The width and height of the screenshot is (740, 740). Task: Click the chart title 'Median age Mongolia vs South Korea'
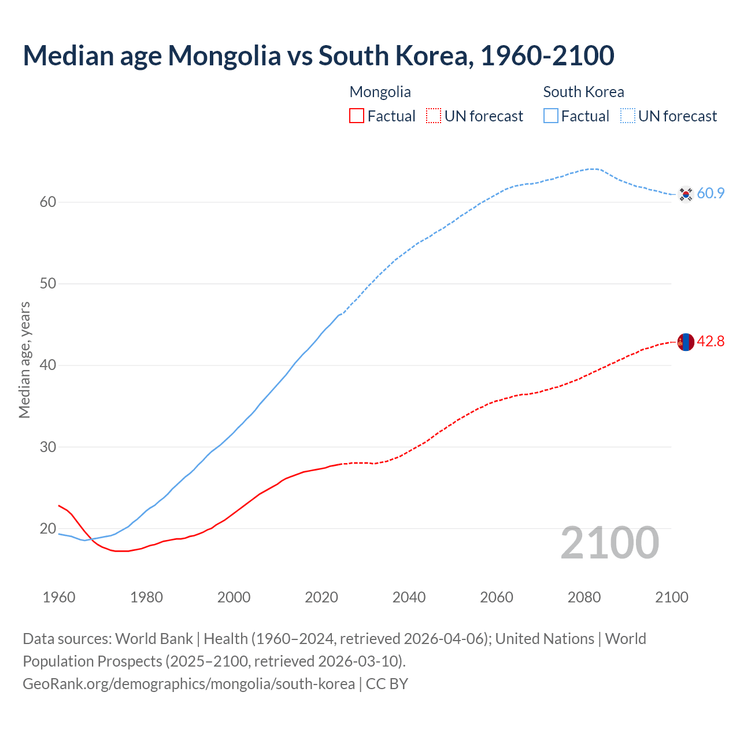[x=318, y=56]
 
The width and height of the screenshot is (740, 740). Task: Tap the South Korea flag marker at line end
[x=685, y=194]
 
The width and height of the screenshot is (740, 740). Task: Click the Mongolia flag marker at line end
[x=685, y=342]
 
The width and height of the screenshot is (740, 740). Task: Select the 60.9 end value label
[x=711, y=194]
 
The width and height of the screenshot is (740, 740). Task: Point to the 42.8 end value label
[x=711, y=342]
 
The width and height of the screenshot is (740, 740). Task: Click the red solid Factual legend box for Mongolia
[x=357, y=116]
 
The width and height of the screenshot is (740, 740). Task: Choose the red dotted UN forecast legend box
[x=434, y=116]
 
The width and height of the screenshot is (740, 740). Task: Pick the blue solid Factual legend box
[x=551, y=116]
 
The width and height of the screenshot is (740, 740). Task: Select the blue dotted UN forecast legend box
[x=628, y=116]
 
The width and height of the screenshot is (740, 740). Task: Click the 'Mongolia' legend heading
[x=380, y=92]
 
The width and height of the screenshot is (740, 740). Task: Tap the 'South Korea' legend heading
[x=583, y=92]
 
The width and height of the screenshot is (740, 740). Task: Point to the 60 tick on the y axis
[x=48, y=202]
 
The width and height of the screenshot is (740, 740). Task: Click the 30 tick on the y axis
[x=48, y=447]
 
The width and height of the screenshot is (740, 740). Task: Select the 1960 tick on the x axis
[x=59, y=597]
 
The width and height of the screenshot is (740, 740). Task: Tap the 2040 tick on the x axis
[x=409, y=597]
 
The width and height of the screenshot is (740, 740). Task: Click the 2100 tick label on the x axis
[x=672, y=597]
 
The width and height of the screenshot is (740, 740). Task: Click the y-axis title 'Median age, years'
[x=24, y=360]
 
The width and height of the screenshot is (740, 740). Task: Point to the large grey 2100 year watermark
[x=609, y=543]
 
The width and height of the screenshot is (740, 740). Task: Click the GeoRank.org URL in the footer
[x=188, y=684]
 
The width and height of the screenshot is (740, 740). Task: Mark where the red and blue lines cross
[x=91, y=539]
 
